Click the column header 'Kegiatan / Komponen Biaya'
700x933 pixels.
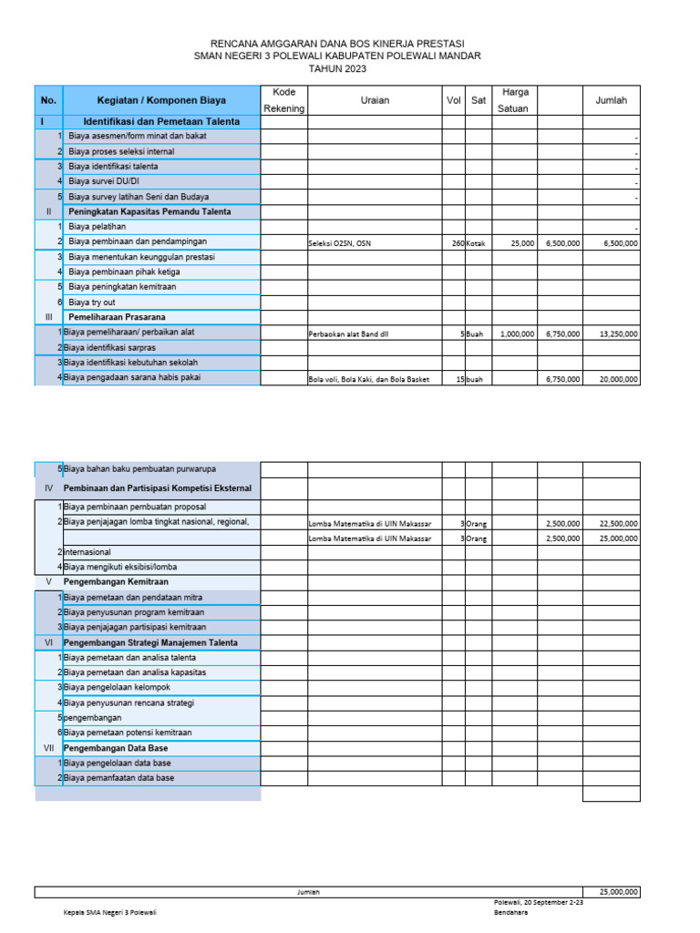[161, 100]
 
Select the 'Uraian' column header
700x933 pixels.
[375, 100]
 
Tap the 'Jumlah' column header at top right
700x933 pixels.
[611, 100]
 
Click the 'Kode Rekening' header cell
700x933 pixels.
[283, 100]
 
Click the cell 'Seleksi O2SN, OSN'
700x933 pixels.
[340, 243]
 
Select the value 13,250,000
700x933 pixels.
[618, 334]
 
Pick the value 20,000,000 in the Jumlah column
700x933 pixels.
[618, 379]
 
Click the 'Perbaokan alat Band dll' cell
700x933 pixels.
[347, 334]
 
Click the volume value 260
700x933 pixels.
[458, 243]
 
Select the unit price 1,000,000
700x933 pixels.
[517, 334]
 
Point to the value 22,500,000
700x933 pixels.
[618, 524]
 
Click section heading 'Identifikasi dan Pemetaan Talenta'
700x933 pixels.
[161, 121]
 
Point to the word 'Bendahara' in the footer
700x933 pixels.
[510, 912]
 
